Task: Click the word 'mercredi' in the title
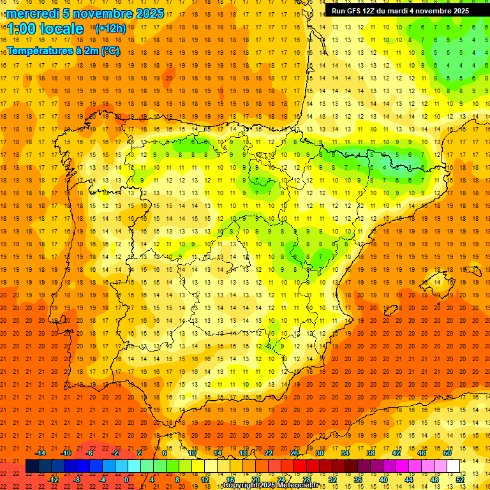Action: point(34,13)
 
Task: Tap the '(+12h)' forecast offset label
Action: point(110,28)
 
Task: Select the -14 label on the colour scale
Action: point(41,453)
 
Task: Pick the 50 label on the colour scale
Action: point(447,453)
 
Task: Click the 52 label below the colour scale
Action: point(460,480)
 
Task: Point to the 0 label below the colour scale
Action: point(126,480)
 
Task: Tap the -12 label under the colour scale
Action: point(54,480)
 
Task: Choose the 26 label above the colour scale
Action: point(294,453)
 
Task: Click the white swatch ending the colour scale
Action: point(453,466)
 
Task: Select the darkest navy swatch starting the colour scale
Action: point(32,466)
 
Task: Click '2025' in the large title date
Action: point(149,13)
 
